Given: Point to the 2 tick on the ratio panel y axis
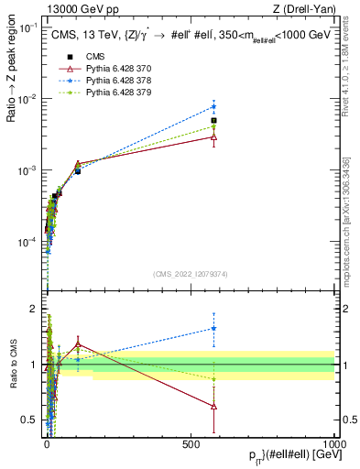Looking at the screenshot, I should coord(35,309).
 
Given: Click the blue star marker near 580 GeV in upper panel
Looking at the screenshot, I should coord(213,106).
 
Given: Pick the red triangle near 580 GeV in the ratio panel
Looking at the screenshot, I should coord(213,406).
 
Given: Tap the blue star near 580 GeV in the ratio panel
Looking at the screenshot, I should coord(213,328).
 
